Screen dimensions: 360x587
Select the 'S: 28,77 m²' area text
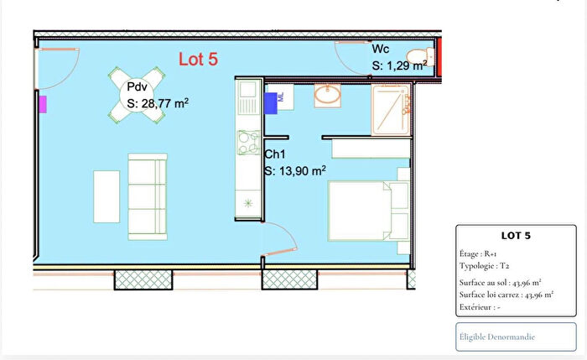coord(158,104)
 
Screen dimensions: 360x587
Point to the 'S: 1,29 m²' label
coord(400,64)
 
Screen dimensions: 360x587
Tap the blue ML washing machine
coord(273,102)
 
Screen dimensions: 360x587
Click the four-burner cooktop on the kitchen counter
coord(248,143)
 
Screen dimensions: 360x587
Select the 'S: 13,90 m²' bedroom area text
coord(295,170)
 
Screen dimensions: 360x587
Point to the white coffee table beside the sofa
coord(106,196)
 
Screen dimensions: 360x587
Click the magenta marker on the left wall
coord(42,103)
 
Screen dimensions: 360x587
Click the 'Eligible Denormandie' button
coord(498,337)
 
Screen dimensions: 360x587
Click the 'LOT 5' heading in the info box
coord(516,236)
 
